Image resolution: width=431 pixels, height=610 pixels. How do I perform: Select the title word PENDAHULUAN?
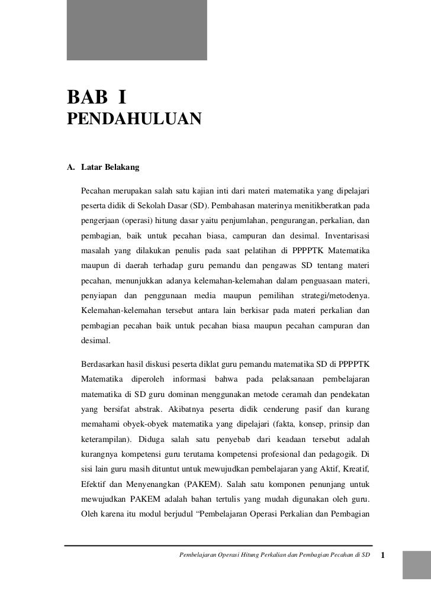tap(134, 118)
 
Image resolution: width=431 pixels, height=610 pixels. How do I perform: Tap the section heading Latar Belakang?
tap(110, 167)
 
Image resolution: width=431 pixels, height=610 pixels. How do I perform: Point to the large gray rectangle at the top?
tap(137, 30)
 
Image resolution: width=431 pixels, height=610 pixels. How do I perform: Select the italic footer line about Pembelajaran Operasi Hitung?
tap(278, 556)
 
